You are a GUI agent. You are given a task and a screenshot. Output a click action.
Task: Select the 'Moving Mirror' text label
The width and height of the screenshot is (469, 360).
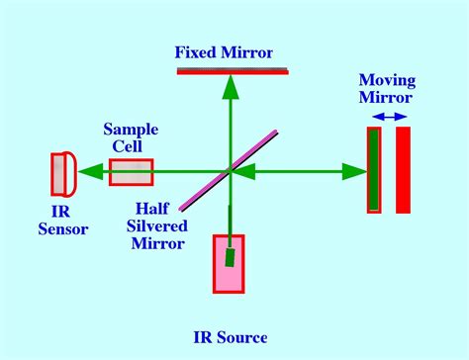click(x=387, y=89)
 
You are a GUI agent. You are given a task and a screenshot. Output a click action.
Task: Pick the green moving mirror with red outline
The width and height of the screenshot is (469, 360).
click(x=374, y=170)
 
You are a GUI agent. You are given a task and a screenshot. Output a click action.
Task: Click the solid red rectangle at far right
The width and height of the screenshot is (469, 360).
click(x=403, y=170)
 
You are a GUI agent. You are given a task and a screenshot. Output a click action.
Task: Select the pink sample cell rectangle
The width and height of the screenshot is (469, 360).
click(x=131, y=172)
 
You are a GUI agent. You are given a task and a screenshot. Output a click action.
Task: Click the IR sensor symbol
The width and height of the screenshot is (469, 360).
click(x=63, y=172)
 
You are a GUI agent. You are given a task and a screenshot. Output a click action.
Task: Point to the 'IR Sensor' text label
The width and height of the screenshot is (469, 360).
click(x=69, y=220)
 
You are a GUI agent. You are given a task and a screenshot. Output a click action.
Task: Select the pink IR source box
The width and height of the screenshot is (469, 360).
click(x=229, y=263)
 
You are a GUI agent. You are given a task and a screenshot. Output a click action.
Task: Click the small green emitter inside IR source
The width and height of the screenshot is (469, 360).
click(x=230, y=257)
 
